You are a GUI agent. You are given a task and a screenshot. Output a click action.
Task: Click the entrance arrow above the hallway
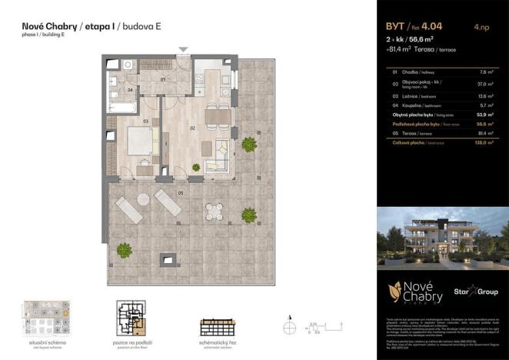click(183, 50)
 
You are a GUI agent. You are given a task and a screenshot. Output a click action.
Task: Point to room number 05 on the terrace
click(180, 192)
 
